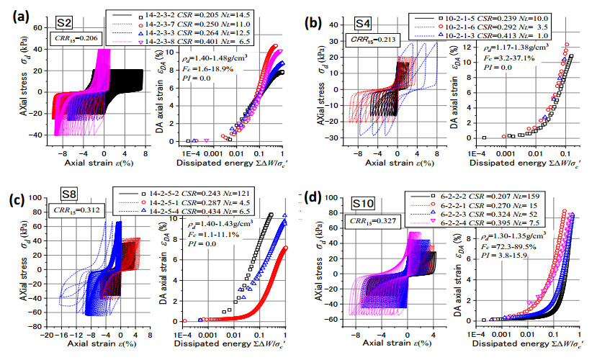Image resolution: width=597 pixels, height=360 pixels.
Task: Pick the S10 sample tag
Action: pyautogui.click(x=365, y=204)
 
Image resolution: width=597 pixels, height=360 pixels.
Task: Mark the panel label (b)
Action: pyautogui.click(x=315, y=22)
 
